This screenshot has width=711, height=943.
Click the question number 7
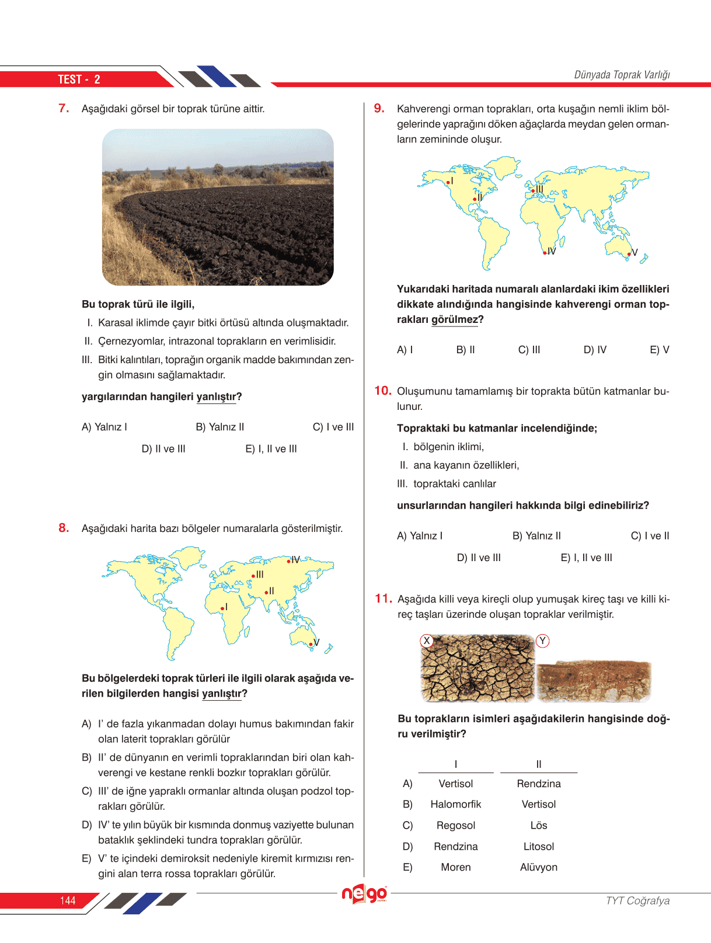(64, 108)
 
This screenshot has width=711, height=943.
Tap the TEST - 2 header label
(79, 79)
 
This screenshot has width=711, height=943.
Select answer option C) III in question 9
(529, 350)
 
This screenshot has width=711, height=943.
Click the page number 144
(68, 900)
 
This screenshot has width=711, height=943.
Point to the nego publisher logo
(364, 894)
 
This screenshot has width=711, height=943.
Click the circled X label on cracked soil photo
(427, 641)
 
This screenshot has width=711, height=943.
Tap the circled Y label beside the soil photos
(542, 641)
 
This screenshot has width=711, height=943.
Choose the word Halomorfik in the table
(456, 804)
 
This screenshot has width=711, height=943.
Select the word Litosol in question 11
(539, 846)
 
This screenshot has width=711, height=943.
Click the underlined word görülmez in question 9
(454, 319)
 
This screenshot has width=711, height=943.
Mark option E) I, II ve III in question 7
(271, 449)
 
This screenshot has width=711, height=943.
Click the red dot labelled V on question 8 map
(311, 644)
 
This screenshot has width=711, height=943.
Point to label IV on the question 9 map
(552, 251)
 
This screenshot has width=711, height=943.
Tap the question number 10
(382, 391)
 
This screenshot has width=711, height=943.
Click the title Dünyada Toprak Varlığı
(622, 75)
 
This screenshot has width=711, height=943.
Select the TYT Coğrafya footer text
(637, 900)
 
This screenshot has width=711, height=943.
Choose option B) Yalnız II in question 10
(536, 536)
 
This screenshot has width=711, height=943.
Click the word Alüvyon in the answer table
(539, 867)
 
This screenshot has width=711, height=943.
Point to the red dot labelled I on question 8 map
(222, 610)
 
